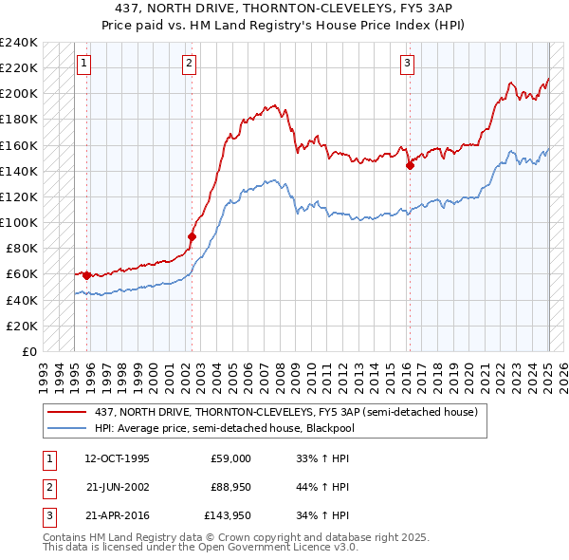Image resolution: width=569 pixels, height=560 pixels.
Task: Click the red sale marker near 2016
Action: pyautogui.click(x=410, y=165)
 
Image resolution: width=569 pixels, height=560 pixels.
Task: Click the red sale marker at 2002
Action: pyautogui.click(x=192, y=236)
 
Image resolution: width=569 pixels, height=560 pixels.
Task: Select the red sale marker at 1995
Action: pyautogui.click(x=86, y=275)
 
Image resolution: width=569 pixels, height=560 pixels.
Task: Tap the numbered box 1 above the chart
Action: pyautogui.click(x=83, y=64)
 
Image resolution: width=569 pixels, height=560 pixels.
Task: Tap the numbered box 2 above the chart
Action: pyautogui.click(x=190, y=64)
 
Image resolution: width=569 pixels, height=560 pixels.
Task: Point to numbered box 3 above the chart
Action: pyautogui.click(x=407, y=64)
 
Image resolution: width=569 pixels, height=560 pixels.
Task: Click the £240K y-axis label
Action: pyautogui.click(x=19, y=43)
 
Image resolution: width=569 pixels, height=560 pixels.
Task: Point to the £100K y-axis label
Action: pyautogui.click(x=19, y=222)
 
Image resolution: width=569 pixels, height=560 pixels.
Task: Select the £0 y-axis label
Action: pyautogui.click(x=28, y=351)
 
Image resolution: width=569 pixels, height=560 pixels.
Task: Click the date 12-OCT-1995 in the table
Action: pyautogui.click(x=117, y=458)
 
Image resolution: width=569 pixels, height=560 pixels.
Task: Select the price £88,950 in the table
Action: pyautogui.click(x=229, y=487)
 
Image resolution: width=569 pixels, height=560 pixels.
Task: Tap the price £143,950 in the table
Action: pyautogui.click(x=229, y=515)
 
